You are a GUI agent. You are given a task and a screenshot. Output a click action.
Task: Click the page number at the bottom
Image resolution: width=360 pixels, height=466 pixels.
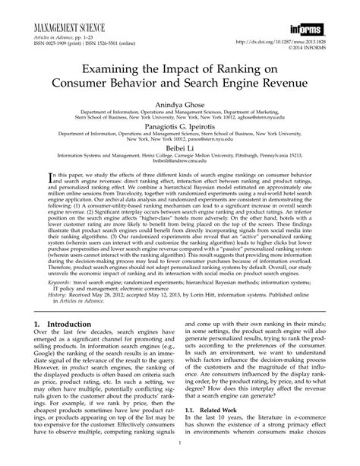coord(179,459)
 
